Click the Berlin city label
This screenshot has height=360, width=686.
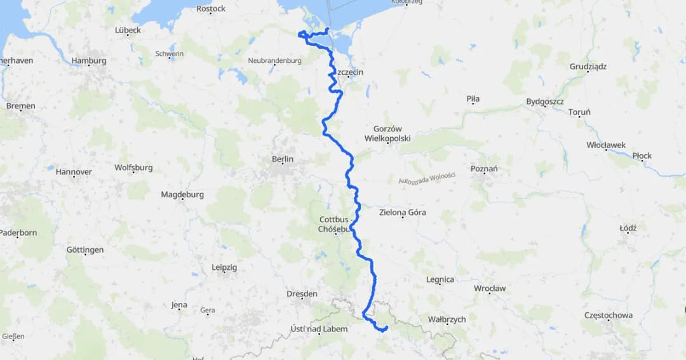[x=282, y=159]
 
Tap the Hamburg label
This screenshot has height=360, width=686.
[x=89, y=61]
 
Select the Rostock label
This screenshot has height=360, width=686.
[x=211, y=9]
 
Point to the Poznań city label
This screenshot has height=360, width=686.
[x=484, y=169]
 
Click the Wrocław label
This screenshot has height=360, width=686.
[x=490, y=288]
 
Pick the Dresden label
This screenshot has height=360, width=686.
[x=302, y=294]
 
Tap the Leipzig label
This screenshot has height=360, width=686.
[x=224, y=268]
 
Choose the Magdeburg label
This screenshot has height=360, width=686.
[x=182, y=195]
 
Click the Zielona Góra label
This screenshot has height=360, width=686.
[x=402, y=213]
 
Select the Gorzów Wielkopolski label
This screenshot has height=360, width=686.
[x=387, y=133]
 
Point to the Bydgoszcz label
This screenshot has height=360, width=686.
[x=545, y=102]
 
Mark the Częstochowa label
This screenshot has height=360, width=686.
[x=609, y=316]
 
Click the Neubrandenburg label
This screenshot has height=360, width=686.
[x=274, y=61]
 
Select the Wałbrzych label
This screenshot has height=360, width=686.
[x=447, y=319]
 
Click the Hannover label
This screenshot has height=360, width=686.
[x=74, y=172]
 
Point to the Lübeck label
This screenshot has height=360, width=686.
[x=128, y=30]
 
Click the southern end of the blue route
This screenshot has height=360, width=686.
[x=387, y=327]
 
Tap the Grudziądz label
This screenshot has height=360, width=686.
[x=588, y=67]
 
